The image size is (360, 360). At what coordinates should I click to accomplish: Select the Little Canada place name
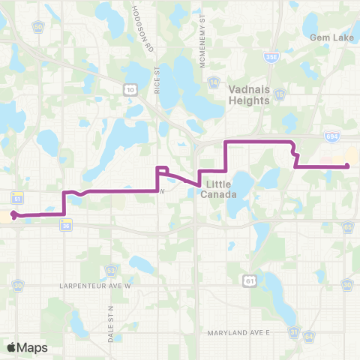click(220, 190)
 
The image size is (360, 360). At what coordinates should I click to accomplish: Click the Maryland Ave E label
click(244, 331)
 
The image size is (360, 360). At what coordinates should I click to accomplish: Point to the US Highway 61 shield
click(246, 279)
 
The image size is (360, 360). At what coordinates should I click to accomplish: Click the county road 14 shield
click(214, 83)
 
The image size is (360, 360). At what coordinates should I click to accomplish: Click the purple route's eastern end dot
click(346, 165)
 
